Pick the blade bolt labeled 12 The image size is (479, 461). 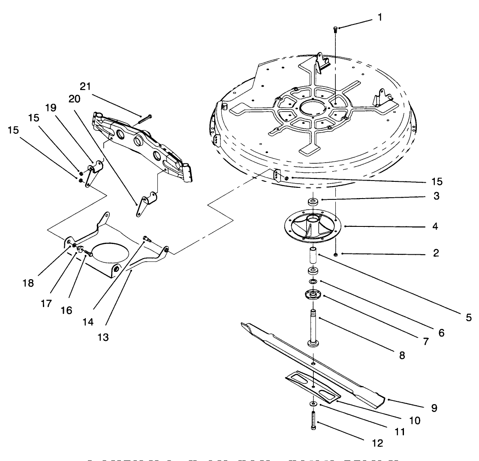(x=313, y=421)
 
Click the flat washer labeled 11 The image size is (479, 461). (x=313, y=404)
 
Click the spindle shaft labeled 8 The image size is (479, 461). (x=313, y=326)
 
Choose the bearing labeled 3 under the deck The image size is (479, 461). (x=313, y=201)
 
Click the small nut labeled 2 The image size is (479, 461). (x=335, y=255)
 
